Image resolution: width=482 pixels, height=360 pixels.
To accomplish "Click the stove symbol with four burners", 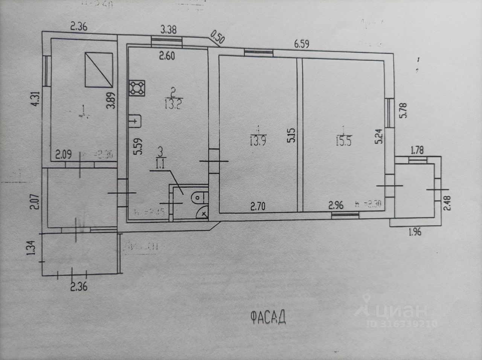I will [137, 88].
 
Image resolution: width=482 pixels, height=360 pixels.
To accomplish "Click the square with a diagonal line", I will [99, 70].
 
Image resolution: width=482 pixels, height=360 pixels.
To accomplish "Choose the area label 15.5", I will [343, 142].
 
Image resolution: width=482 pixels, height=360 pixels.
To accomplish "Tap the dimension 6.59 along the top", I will [302, 44].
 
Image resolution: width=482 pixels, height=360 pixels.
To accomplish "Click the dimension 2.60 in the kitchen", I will [167, 56].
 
